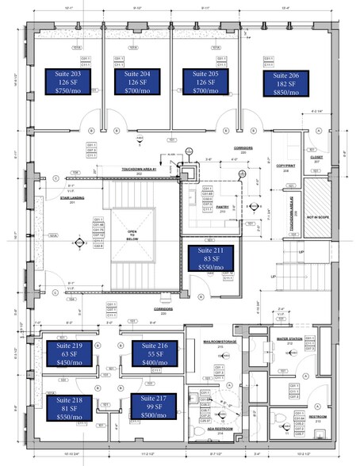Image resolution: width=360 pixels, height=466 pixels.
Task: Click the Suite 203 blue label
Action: tap(68, 82)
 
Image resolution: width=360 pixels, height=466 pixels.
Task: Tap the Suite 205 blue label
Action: tap(206, 82)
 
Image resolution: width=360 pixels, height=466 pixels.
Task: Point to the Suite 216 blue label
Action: tap(155, 353)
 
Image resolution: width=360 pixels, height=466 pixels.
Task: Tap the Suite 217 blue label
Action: tap(155, 407)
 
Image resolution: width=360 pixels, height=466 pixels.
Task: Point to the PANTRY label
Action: tap(221, 205)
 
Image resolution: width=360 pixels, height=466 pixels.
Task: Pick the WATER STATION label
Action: tap(289, 338)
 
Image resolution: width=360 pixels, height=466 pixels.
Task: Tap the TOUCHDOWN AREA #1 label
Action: tap(140, 169)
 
